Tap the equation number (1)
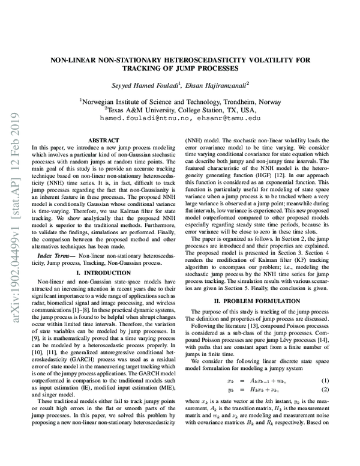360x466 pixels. click(324, 381)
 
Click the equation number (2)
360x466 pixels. click(324, 390)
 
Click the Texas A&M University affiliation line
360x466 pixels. click(181, 110)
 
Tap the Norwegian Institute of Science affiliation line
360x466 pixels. click(181, 102)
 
